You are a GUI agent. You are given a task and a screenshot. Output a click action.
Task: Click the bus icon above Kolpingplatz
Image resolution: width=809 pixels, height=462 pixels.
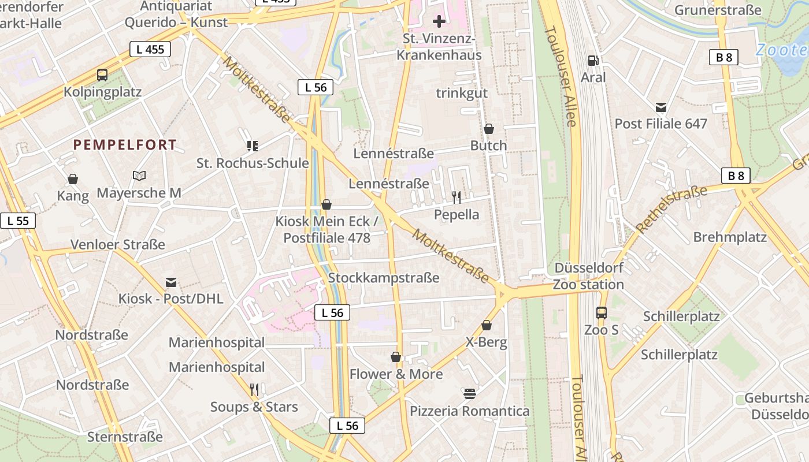[102, 74]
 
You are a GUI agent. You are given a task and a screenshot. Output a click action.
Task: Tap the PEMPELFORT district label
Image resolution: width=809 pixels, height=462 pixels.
[125, 145]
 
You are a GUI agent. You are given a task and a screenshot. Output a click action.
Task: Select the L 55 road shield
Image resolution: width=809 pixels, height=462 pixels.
[18, 221]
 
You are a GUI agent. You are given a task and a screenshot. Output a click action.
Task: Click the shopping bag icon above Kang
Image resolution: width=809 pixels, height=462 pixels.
[73, 179]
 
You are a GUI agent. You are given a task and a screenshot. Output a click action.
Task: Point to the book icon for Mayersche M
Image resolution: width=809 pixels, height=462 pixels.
[139, 176]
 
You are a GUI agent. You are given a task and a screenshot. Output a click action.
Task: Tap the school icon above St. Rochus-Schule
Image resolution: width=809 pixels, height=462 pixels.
[252, 146]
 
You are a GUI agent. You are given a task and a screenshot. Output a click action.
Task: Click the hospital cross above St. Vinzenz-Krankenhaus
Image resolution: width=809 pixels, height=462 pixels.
[439, 22]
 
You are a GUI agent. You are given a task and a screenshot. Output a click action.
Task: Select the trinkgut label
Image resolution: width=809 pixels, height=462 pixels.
[462, 93]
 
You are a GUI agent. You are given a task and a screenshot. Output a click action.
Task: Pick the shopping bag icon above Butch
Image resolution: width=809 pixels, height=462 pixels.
[489, 128]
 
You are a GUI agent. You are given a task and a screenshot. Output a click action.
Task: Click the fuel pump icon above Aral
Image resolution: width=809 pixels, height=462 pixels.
[593, 60]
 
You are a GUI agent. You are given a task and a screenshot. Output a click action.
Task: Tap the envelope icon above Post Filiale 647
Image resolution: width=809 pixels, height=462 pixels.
[661, 107]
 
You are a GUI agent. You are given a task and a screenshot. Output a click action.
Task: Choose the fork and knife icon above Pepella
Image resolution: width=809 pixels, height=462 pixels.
[457, 198]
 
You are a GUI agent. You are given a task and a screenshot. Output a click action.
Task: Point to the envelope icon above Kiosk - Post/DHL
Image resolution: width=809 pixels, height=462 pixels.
[171, 282]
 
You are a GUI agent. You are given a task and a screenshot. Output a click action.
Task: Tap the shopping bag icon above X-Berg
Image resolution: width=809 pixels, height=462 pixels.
[487, 325]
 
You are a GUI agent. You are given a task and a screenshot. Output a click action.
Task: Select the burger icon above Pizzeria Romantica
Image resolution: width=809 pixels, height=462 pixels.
[469, 394]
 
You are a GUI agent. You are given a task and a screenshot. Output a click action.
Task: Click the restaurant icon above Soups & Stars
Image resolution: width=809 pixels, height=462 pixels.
[254, 390]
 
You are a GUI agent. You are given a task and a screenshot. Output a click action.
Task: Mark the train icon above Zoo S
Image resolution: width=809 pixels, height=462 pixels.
[602, 313]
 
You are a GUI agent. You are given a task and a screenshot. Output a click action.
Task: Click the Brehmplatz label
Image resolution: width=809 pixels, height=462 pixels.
[730, 237]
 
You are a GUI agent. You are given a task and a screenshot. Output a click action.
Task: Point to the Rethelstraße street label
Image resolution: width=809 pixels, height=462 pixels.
[672, 208]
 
